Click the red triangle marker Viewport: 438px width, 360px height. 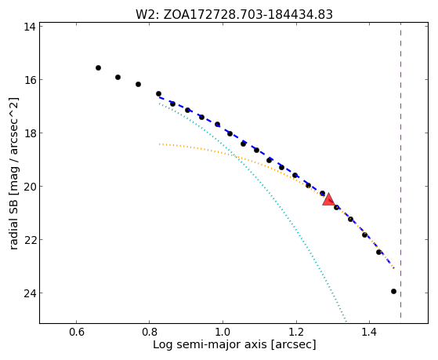tap(328, 199)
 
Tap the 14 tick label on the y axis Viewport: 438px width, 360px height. tap(30, 27)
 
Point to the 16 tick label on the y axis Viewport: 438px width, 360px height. tap(30, 80)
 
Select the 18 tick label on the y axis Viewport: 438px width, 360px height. tap(30, 133)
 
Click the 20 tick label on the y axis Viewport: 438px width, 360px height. tap(30, 187)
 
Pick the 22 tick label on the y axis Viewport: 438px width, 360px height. tap(30, 240)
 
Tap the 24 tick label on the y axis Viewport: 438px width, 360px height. tap(30, 293)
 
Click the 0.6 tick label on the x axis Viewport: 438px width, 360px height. tap(76, 333)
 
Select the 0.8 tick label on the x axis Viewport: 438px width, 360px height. tap(150, 333)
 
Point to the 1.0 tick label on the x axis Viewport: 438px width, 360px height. tap(223, 333)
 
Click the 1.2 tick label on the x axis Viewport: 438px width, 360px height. tap(296, 333)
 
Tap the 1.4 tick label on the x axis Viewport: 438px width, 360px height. tap(369, 333)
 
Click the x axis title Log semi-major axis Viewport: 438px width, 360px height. tap(209, 344)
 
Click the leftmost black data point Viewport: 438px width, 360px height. tap(98, 67)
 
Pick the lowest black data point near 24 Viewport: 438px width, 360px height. tap(393, 292)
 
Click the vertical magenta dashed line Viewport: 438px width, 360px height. tap(401, 170)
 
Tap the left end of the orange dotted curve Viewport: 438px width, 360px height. tap(159, 144)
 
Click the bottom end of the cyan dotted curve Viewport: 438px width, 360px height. tap(346, 322)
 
